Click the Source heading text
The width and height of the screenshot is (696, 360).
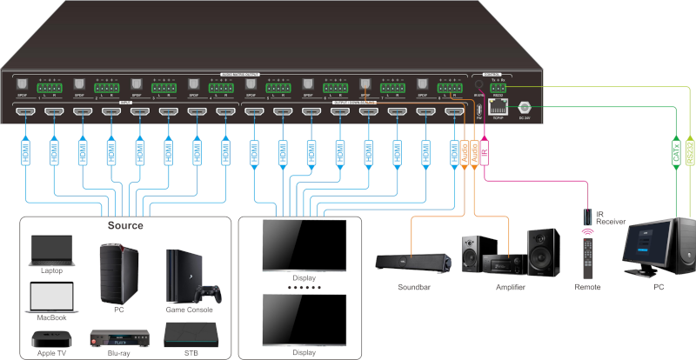[x=126, y=225]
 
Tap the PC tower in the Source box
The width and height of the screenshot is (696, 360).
[x=119, y=270]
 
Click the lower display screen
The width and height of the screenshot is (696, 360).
[x=304, y=319]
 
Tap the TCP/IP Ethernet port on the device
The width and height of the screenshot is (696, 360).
[x=497, y=107]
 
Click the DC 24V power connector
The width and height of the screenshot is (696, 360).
[x=525, y=107]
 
